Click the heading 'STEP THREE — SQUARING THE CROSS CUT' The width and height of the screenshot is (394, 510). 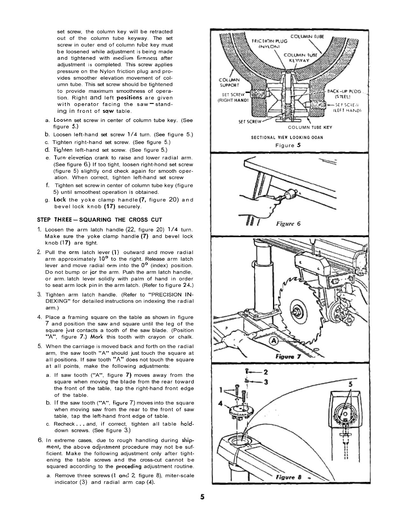click(x=99, y=220)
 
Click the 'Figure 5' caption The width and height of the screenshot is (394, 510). click(x=288, y=145)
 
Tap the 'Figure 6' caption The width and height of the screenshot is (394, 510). click(x=288, y=223)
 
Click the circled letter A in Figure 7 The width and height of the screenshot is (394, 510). click(x=274, y=341)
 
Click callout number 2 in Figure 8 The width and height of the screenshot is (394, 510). click(x=265, y=372)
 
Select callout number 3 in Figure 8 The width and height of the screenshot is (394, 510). click(x=265, y=382)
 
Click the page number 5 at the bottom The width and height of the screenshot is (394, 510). click(x=202, y=497)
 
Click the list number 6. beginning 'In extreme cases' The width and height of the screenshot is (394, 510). click(x=40, y=440)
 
